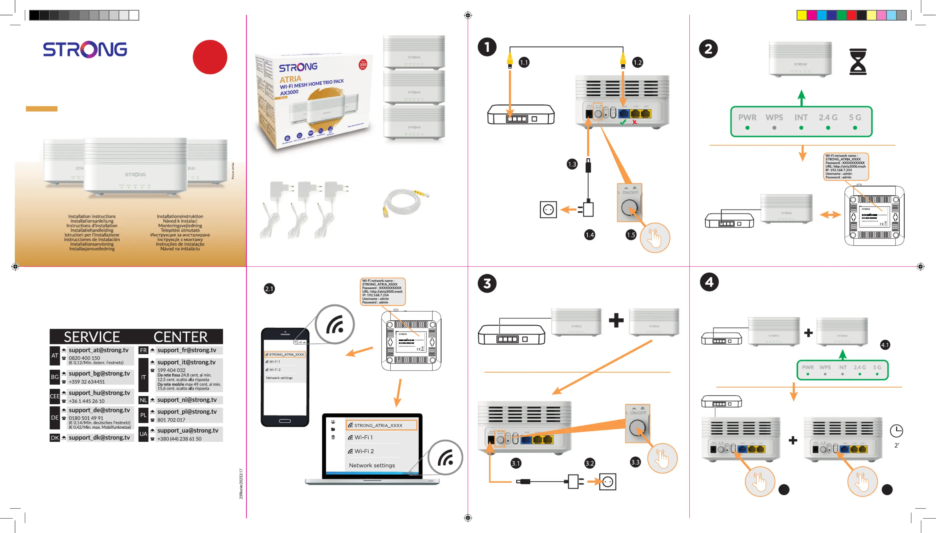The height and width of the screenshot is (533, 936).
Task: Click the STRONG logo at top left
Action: point(85,50)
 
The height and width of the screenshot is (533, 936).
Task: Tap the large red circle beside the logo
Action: point(210,57)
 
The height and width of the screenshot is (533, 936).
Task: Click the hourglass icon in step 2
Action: point(858,61)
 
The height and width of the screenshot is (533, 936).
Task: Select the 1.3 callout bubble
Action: point(572,164)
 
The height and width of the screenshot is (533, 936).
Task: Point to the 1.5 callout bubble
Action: point(630,235)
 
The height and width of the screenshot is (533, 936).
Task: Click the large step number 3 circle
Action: point(487,283)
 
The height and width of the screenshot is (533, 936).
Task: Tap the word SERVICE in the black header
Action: point(92,337)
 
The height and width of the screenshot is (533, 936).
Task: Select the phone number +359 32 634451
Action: point(87,382)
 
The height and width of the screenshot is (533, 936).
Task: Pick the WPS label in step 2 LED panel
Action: point(774,117)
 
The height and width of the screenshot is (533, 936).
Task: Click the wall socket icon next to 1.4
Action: point(548,210)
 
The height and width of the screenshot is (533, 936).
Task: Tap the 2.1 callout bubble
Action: point(269,289)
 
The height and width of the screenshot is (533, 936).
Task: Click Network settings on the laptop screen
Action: point(372,465)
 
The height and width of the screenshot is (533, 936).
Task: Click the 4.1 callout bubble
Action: point(885,345)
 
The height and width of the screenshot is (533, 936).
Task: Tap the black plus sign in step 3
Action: point(616,320)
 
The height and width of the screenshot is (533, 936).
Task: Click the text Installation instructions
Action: point(92,216)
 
